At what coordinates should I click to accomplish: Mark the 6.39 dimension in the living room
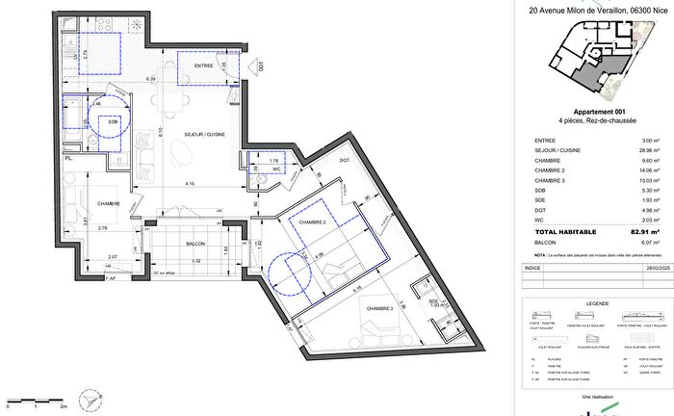click(151, 78)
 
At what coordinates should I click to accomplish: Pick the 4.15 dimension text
click(193, 184)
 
